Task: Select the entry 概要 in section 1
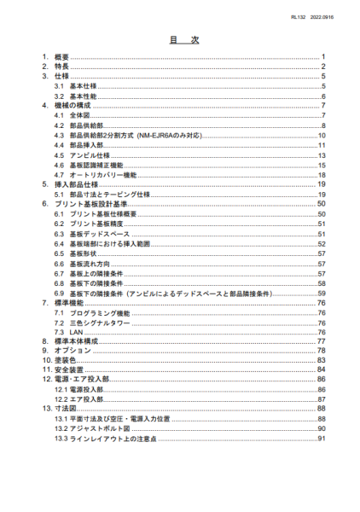tap(61, 57)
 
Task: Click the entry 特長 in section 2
tap(61, 67)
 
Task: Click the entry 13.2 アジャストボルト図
tap(96, 428)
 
